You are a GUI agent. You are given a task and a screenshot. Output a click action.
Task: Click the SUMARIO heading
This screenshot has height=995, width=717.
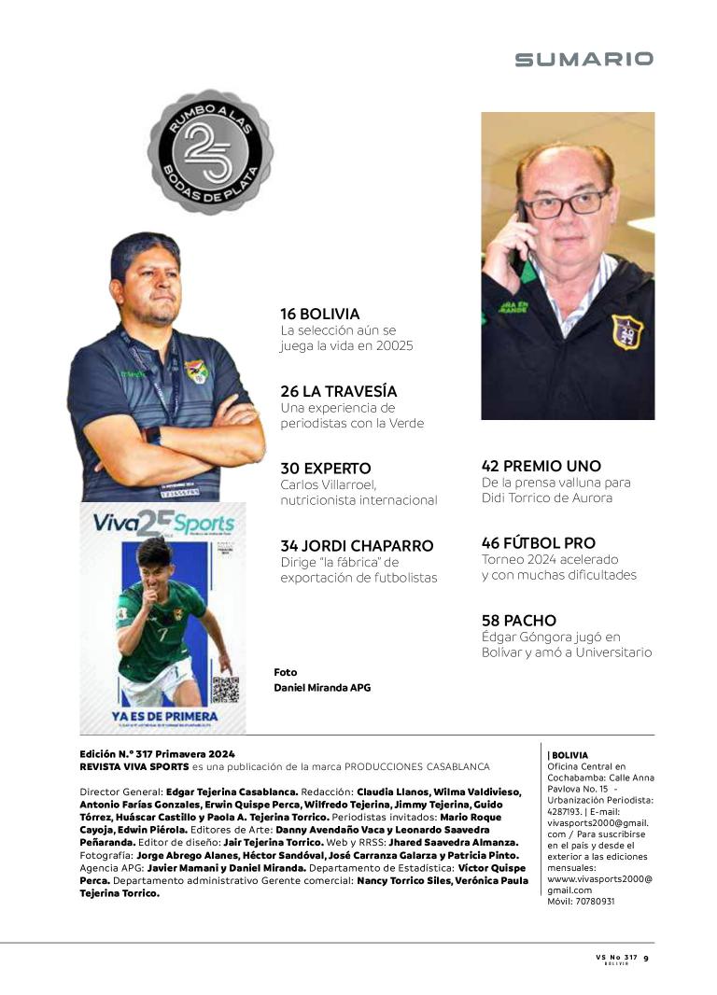[583, 60]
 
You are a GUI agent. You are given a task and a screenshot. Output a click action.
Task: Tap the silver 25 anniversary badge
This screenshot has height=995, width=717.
[211, 151]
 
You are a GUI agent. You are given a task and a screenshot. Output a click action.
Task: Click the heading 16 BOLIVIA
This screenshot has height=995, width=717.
[320, 315]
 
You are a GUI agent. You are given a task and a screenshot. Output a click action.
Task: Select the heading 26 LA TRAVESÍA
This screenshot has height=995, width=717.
[339, 391]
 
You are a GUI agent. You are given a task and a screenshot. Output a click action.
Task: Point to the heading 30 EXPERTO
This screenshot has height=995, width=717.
[326, 468]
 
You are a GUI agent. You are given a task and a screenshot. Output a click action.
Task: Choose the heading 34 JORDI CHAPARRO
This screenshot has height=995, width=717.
[357, 545]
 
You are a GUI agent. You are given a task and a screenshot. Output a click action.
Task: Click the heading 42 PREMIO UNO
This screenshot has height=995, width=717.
[541, 466]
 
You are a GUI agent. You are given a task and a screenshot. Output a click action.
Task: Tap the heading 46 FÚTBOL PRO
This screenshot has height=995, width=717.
[539, 542]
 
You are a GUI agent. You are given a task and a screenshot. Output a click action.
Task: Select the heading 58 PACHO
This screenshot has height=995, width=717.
[519, 620]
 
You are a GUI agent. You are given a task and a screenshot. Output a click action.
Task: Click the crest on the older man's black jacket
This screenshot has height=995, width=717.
[626, 331]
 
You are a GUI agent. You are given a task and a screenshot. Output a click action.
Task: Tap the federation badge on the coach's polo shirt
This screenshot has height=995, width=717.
[195, 371]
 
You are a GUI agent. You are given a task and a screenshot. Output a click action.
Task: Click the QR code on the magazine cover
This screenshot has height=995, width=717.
[224, 690]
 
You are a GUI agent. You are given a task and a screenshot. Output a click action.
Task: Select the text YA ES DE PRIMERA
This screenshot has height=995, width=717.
[165, 717]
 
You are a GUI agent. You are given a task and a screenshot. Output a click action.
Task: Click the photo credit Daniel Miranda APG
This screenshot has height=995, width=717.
[322, 688]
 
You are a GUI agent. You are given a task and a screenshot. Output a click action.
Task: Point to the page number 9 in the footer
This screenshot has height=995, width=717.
[646, 957]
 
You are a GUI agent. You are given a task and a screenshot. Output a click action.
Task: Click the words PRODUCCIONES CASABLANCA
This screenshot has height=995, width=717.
[417, 766]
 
